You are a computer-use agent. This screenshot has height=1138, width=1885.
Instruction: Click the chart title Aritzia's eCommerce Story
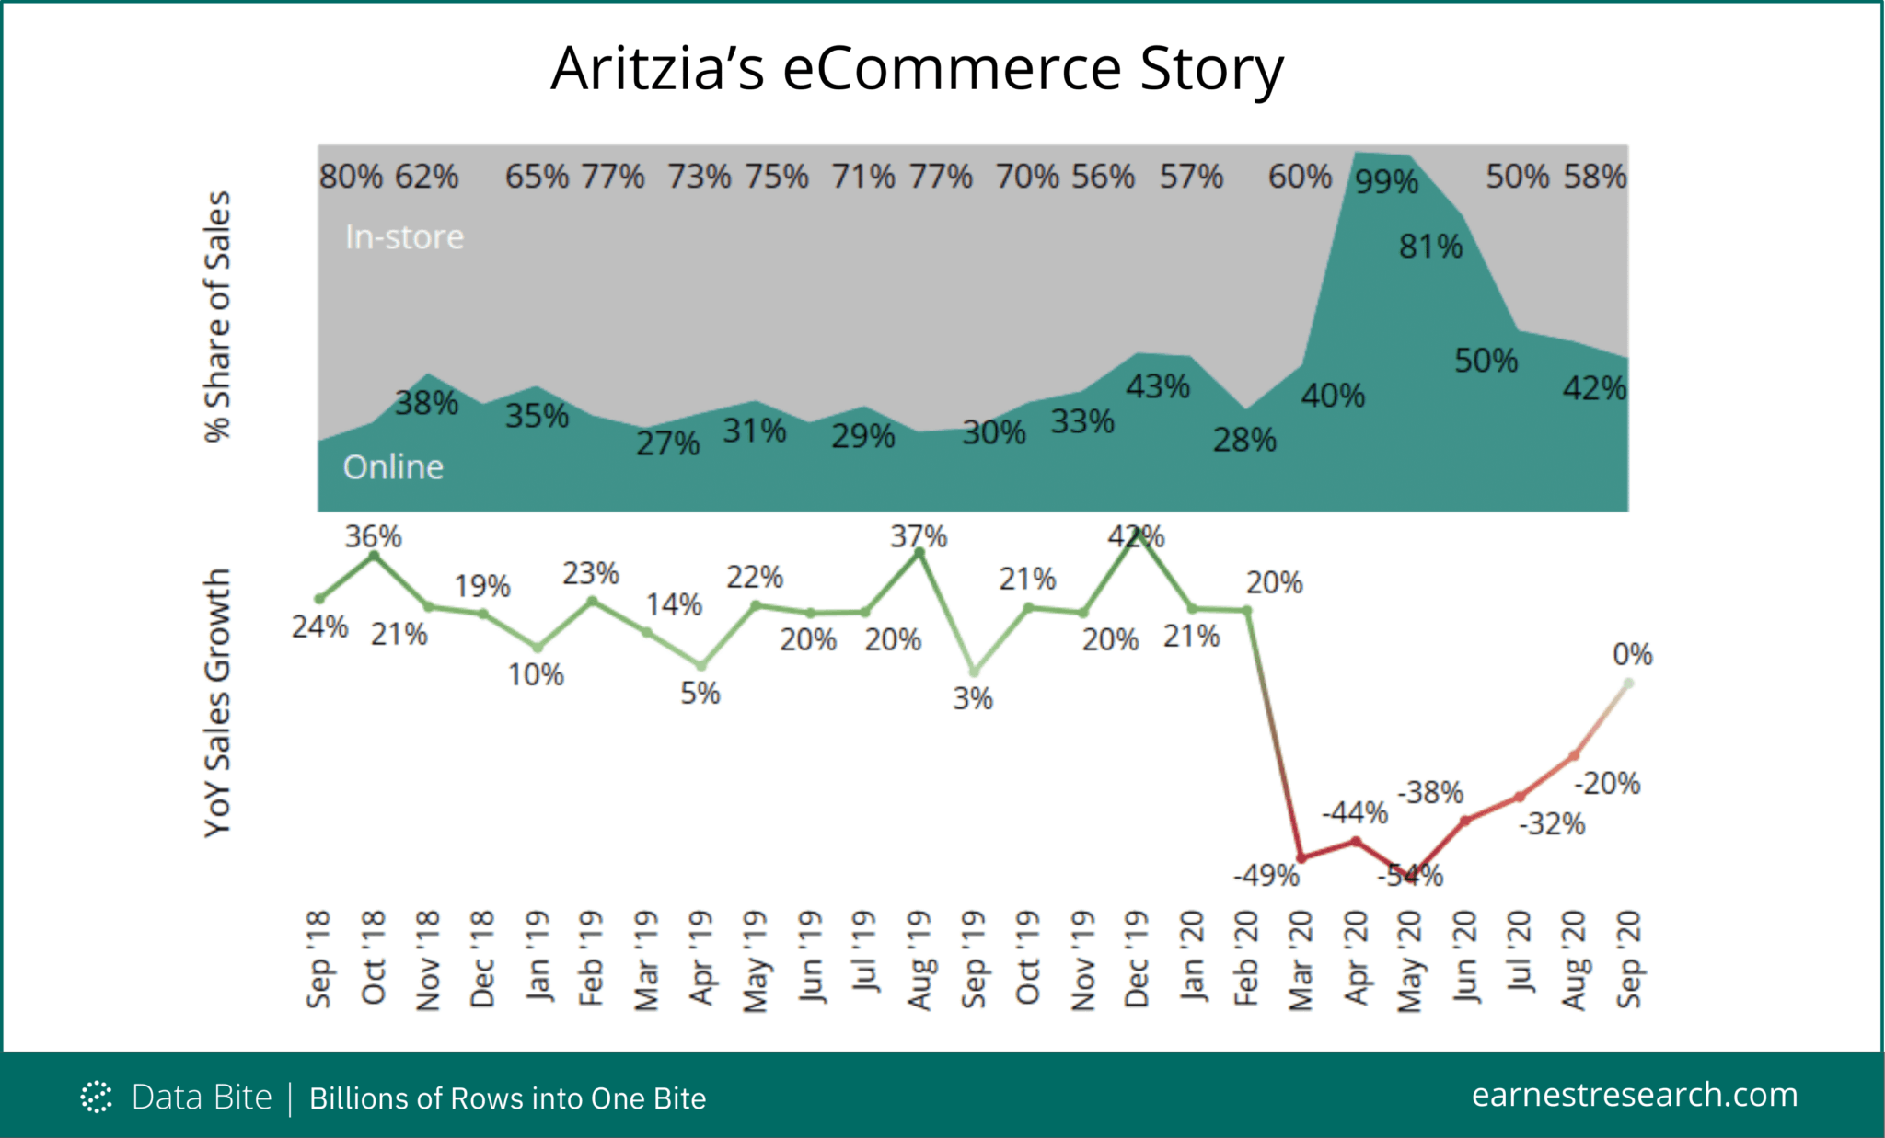916,69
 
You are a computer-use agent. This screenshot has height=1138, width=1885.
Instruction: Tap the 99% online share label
1386,182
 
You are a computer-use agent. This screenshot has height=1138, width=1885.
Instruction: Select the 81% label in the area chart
1430,247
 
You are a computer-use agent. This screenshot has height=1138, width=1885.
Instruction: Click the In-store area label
404,237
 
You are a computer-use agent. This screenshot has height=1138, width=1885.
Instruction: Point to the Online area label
393,467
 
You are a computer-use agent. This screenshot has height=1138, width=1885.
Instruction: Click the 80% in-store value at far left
351,177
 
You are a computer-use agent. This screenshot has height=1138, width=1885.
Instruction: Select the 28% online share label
1243,441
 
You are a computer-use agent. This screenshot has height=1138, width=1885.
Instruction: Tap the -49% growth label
1266,876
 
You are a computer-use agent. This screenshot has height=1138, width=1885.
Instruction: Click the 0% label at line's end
1632,655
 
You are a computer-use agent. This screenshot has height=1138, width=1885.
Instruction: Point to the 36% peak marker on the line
374,556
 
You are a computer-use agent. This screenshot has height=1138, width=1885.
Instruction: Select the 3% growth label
972,699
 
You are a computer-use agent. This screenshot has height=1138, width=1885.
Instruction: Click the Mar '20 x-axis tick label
1299,960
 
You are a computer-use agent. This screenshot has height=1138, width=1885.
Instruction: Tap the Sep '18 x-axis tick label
318,960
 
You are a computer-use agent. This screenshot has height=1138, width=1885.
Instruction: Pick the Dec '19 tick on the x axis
1136,960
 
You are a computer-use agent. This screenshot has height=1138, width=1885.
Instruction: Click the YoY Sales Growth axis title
217,703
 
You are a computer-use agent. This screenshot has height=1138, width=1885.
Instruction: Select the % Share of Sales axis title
217,317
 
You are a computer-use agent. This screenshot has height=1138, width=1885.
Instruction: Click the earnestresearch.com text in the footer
1634,1095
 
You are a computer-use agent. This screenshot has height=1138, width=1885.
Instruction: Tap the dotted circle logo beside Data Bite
96,1097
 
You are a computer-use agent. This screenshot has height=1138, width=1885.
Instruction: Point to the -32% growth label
1551,824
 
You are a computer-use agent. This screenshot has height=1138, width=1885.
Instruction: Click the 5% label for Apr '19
700,694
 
